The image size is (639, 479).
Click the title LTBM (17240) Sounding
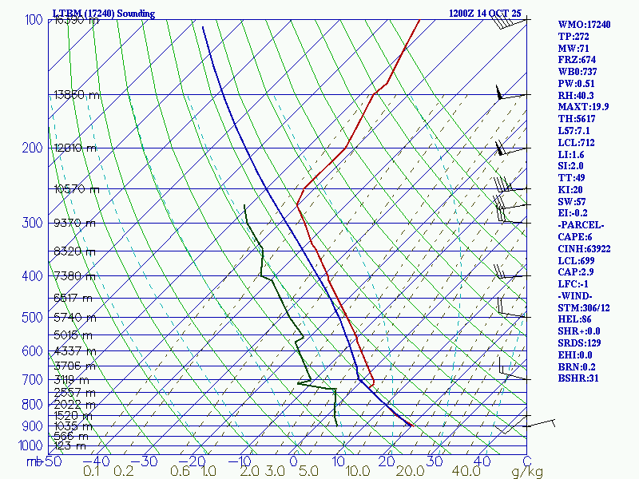coord(104,14)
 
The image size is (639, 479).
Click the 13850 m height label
coord(77,95)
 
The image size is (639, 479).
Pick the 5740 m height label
coord(74,317)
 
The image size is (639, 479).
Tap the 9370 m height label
coord(74,224)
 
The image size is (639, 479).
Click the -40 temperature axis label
coord(97,461)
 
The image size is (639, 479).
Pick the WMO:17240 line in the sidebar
coord(585,25)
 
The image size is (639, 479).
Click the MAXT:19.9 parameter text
coord(585,107)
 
